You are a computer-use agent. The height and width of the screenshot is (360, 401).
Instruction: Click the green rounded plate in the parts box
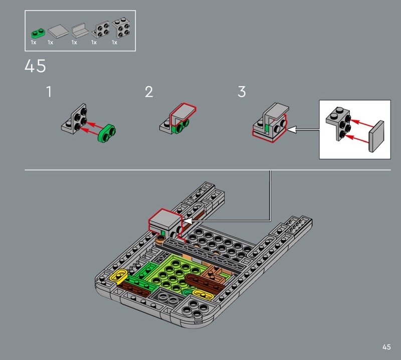click(x=38, y=34)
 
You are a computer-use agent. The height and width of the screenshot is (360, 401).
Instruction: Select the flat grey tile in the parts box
click(x=58, y=31)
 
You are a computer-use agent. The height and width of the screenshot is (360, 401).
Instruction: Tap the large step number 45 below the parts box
click(x=35, y=66)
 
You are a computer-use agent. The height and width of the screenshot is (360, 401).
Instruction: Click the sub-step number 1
click(x=49, y=92)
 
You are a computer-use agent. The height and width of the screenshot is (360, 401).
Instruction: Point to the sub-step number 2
click(x=149, y=92)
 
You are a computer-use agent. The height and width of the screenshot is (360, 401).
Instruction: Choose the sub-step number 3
click(x=242, y=92)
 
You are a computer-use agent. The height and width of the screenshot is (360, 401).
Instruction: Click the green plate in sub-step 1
click(x=106, y=133)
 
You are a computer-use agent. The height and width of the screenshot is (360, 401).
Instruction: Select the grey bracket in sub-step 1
click(x=74, y=119)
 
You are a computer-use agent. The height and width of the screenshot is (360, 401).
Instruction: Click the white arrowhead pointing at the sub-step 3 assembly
click(x=292, y=129)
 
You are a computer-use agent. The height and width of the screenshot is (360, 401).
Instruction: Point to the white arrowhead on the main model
click(x=187, y=221)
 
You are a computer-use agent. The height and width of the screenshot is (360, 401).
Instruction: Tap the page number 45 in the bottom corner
click(x=386, y=347)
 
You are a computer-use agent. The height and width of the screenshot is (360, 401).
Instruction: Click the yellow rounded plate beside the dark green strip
click(x=119, y=276)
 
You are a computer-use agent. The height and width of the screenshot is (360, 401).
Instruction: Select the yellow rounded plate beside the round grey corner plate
click(x=203, y=294)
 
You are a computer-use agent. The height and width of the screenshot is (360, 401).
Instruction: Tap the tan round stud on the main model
click(x=160, y=240)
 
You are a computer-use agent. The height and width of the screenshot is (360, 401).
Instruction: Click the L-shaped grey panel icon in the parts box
click(x=80, y=31)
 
